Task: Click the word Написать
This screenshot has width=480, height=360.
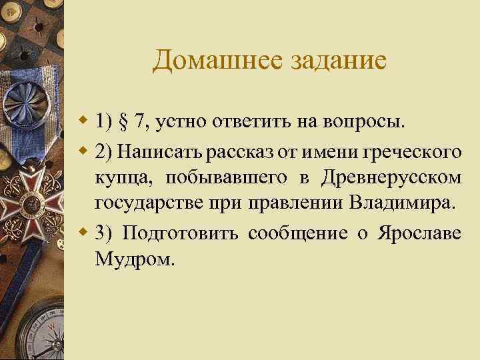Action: [161, 152]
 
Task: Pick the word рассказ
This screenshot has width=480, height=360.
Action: [235, 152]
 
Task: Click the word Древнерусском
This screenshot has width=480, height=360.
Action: [391, 179]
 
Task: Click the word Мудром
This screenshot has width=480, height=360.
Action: [134, 259]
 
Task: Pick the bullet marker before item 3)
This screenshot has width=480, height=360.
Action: [84, 233]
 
